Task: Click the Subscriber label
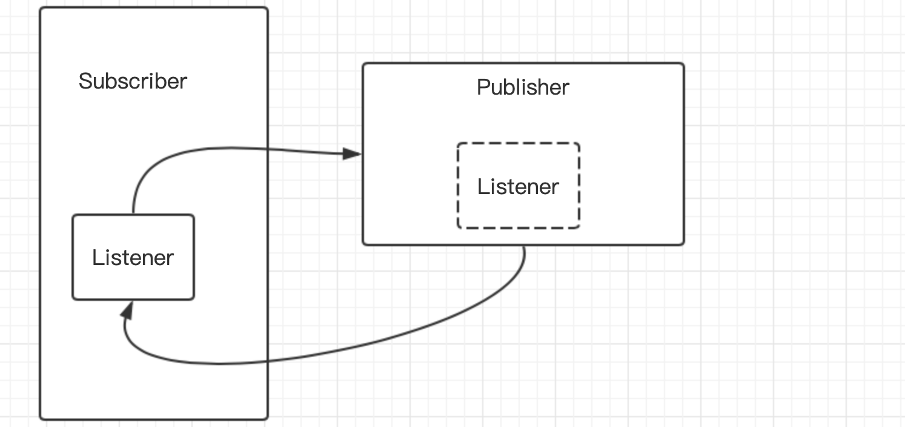133,81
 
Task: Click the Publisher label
523,87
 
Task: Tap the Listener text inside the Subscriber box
133,258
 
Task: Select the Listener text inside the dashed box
518,186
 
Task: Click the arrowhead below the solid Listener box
127,310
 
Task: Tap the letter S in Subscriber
85,81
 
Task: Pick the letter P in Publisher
483,87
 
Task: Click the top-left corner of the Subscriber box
41,8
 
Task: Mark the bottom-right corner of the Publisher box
683,244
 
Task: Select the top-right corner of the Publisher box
683,64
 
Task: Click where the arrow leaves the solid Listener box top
133,214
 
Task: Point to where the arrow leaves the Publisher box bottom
525,245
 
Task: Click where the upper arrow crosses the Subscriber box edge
268,148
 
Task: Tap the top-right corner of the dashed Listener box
579,144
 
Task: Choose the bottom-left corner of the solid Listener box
73,299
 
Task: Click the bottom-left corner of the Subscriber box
41,419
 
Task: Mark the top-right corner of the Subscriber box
267,8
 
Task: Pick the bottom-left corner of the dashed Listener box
459,227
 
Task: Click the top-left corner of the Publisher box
363,64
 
